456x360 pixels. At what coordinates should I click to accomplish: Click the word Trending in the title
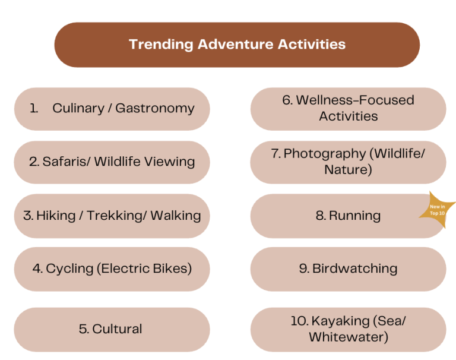[161, 45]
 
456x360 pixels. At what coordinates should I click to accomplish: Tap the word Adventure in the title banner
[236, 44]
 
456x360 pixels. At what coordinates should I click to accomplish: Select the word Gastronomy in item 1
[155, 109]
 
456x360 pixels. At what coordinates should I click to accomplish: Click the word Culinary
[78, 109]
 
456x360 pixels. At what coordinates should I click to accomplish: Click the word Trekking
[116, 216]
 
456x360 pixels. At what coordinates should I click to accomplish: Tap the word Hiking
[56, 216]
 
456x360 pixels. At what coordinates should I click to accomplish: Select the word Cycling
[69, 269]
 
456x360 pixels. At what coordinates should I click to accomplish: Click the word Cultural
[117, 329]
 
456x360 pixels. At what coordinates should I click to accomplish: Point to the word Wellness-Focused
[355, 100]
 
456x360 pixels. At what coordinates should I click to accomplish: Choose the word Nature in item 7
[348, 170]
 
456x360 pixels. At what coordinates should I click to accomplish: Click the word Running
[355, 216]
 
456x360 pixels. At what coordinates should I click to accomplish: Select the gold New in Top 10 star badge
[436, 210]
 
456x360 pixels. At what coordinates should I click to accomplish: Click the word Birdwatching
[355, 269]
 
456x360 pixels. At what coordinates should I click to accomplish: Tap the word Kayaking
[340, 321]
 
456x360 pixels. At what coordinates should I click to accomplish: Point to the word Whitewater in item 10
[349, 337]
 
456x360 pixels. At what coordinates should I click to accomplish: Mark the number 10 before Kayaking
[299, 321]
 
